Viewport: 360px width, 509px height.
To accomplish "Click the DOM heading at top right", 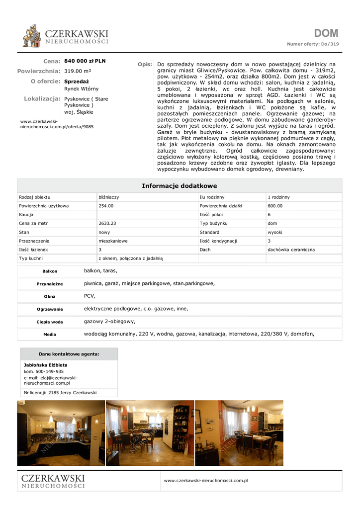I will point(326,33).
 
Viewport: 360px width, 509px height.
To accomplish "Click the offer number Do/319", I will point(330,44).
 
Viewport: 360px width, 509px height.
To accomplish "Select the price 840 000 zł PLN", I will point(85,61).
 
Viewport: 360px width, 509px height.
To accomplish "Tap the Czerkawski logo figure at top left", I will point(32,36).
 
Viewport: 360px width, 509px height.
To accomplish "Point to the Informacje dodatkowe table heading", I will point(180,186).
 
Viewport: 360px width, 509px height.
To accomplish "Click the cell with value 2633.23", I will point(107,223).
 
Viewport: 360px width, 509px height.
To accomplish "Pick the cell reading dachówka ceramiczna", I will point(291,250).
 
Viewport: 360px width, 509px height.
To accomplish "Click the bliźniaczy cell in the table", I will point(109,197).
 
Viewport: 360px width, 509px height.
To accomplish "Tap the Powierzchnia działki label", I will point(221,206).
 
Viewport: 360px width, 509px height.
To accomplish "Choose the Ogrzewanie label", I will point(50,309).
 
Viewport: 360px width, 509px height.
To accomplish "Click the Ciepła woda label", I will point(50,322).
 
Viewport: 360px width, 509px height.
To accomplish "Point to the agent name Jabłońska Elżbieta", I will point(46,365).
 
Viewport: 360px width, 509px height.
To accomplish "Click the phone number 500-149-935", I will point(49,371).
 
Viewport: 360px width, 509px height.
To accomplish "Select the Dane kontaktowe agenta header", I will point(69,354).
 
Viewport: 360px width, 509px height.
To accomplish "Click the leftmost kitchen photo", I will point(61,433).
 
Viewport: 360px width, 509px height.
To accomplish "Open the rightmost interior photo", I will point(239,433).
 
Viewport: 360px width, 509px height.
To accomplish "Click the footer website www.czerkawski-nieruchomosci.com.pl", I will point(206,481).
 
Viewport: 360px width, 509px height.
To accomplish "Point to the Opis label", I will point(145,65).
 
